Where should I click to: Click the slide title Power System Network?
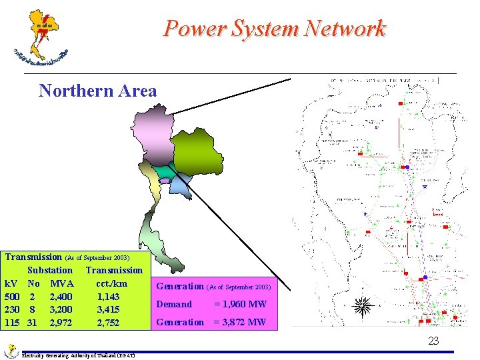click(275, 29)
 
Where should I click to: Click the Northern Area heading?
click(98, 91)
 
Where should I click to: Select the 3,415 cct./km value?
click(108, 310)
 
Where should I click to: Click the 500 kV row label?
click(12, 297)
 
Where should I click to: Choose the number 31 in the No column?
click(31, 323)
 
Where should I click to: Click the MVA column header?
click(62, 283)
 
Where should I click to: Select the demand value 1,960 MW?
click(240, 305)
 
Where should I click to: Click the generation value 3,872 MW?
click(240, 323)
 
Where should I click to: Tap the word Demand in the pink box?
click(174, 305)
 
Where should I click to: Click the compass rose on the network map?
click(363, 307)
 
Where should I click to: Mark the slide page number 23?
click(433, 341)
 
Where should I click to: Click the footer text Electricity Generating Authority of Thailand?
click(78, 355)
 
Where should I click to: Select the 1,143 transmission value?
click(108, 297)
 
